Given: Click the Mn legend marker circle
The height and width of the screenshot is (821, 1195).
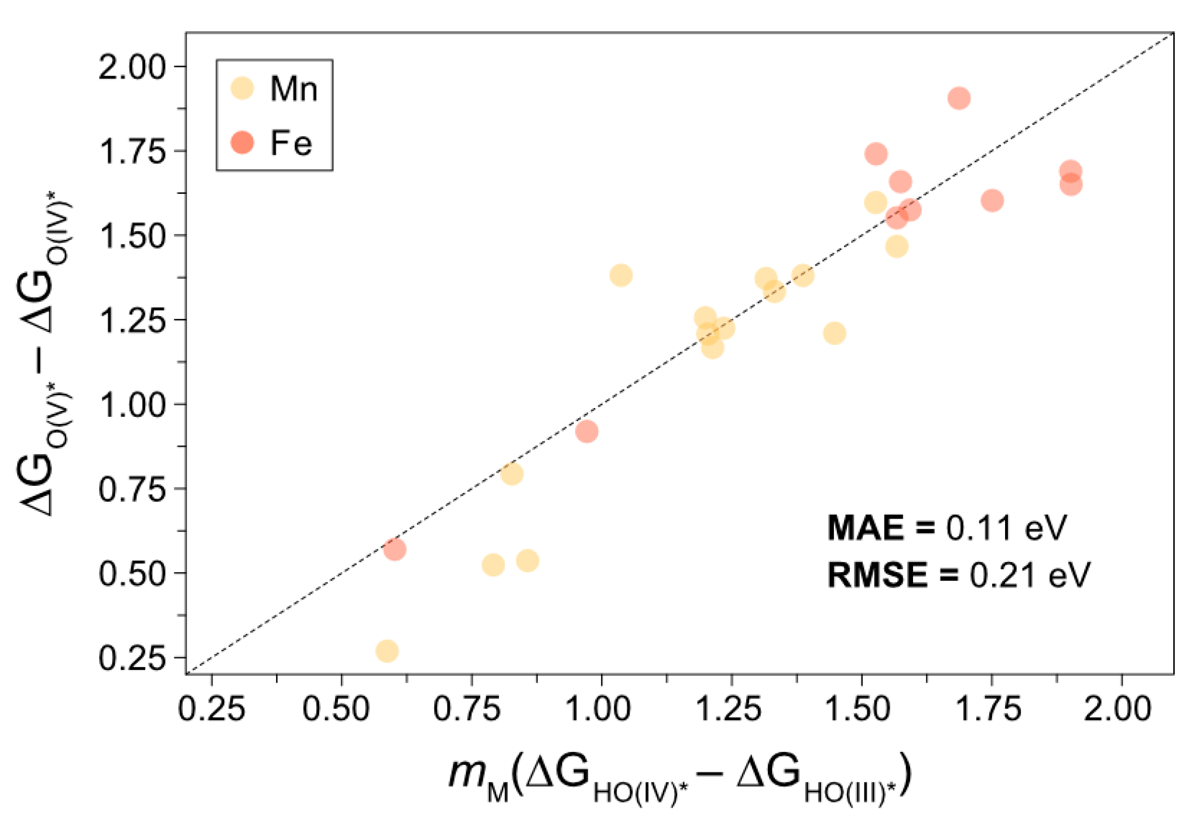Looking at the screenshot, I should (x=242, y=88).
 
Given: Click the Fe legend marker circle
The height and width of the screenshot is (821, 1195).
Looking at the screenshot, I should (x=242, y=142).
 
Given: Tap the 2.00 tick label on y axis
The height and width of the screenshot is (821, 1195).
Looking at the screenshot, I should (x=132, y=67).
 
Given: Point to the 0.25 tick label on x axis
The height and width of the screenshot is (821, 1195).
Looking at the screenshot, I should (x=211, y=710).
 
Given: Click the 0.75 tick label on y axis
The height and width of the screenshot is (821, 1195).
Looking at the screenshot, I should (x=132, y=489).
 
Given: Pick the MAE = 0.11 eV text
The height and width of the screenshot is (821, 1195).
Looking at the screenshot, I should (x=947, y=527).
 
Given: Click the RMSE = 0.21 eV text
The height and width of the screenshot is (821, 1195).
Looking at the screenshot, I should (x=958, y=575).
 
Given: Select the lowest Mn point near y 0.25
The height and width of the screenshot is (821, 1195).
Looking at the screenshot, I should (x=387, y=651).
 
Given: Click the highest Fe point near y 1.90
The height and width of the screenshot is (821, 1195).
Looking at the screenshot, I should (x=959, y=98).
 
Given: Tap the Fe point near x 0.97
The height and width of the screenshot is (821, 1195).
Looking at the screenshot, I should (x=587, y=431).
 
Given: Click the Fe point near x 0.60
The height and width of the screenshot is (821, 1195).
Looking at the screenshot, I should (x=394, y=549).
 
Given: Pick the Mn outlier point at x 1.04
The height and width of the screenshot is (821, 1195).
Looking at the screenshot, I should (x=621, y=275).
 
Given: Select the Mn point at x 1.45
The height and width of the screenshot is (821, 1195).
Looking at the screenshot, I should (x=834, y=333).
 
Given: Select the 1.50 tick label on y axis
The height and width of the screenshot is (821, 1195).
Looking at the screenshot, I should (x=132, y=236).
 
